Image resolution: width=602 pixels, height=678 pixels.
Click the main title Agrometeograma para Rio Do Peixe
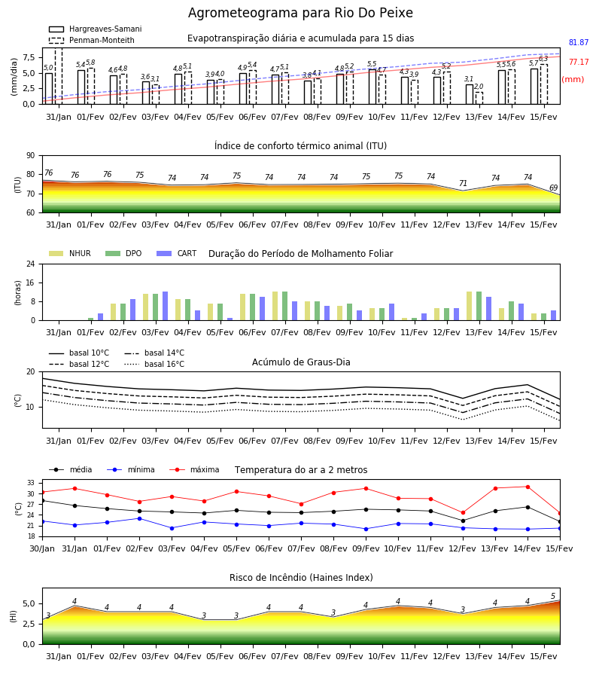coord(300,13)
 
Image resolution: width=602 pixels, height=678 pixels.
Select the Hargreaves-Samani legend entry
coord(96,29)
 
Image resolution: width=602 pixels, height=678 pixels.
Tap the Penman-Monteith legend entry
coord(92,40)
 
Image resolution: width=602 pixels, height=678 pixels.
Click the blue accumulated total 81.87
coord(579,42)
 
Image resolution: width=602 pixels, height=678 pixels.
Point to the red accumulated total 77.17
coord(579,62)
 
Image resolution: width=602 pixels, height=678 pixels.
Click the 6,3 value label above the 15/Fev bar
coord(543,58)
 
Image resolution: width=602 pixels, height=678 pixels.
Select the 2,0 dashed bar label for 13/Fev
coord(479,87)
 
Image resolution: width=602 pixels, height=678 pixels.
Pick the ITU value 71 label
coord(463,183)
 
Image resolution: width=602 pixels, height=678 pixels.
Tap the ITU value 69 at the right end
coord(553,188)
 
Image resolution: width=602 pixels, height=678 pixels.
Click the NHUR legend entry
coord(70,253)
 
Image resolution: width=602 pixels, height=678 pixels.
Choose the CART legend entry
coord(177,253)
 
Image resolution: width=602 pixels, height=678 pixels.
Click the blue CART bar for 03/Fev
coord(165,306)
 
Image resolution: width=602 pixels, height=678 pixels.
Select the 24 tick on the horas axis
coord(31,264)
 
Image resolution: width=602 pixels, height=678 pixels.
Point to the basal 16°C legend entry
coord(154,364)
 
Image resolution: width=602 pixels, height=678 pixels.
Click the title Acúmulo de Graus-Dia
coord(301,362)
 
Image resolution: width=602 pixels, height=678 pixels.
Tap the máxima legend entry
coord(194,469)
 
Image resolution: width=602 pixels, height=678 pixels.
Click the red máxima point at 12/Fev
coord(464,513)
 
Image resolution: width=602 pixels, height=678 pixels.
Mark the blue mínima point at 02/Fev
coord(139,518)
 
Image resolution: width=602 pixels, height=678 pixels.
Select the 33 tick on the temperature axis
coord(31,483)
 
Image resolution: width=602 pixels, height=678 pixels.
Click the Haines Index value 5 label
coord(553,597)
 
